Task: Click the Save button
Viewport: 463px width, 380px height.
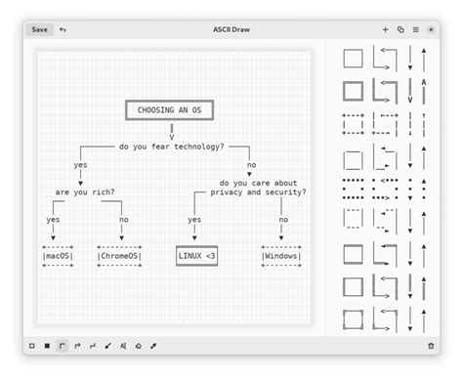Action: (x=39, y=29)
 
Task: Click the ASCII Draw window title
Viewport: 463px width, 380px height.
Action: (x=231, y=29)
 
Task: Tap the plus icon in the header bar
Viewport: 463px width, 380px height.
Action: (x=385, y=29)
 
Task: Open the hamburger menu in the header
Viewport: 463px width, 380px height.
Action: (x=415, y=29)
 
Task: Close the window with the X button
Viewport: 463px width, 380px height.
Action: (x=431, y=29)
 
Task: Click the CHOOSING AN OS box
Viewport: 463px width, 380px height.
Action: (x=170, y=110)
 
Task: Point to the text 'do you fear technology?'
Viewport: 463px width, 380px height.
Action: (x=171, y=147)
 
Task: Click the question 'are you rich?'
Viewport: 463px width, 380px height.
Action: (x=86, y=191)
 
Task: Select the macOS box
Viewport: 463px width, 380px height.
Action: (x=58, y=256)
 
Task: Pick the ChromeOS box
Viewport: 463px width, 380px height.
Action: (x=118, y=256)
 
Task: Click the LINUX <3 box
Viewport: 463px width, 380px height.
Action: (x=196, y=256)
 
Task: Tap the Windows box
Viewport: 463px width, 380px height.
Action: (x=282, y=256)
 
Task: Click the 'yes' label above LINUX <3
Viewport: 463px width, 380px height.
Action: (x=194, y=220)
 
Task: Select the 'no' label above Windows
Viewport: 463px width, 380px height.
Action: (x=283, y=220)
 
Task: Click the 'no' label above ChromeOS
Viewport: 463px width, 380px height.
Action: (x=123, y=220)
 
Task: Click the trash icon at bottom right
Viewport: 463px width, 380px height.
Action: (x=431, y=346)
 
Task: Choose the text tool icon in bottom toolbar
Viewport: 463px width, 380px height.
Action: (x=123, y=346)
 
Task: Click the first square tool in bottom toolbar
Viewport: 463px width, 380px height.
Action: (x=32, y=346)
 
